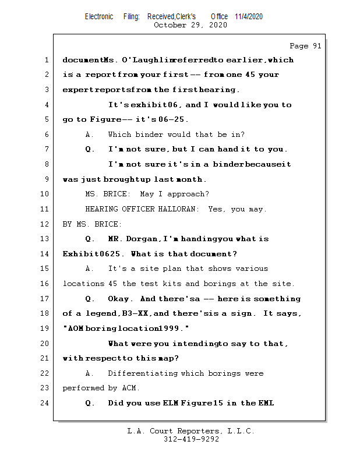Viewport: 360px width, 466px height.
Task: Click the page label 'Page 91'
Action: coord(305,46)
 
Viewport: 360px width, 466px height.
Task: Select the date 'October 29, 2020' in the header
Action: coord(190,25)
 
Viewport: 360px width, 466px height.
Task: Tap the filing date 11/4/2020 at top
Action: coord(249,16)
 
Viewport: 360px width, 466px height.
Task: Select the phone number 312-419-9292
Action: coord(191,439)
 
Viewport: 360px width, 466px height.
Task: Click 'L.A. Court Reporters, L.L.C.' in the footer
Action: coord(190,431)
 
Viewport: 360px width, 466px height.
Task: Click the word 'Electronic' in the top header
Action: coord(99,16)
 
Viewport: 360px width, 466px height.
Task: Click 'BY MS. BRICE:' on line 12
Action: coord(92,224)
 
